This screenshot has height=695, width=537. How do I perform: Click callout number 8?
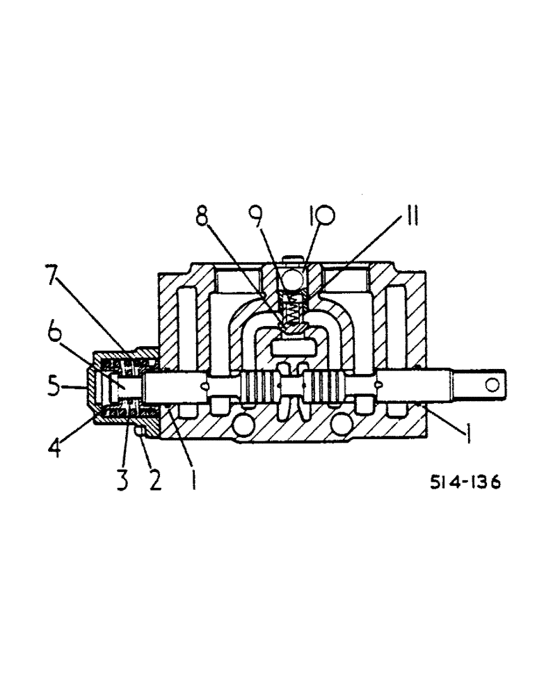(202, 217)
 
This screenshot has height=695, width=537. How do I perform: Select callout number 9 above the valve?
(257, 217)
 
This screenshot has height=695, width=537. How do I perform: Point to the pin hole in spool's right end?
(493, 384)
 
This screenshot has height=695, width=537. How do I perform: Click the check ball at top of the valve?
(294, 279)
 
